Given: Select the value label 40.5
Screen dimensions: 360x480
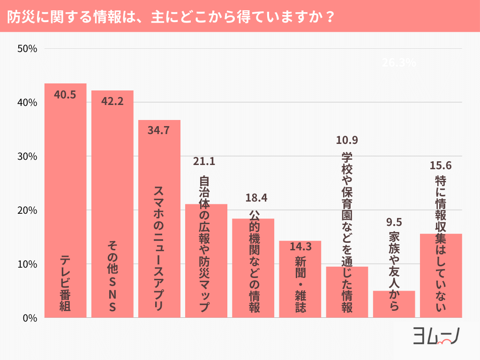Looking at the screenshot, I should click(65, 95).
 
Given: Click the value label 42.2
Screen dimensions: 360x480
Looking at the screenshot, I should click(112, 101).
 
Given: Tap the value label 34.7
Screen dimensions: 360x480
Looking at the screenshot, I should click(159, 131).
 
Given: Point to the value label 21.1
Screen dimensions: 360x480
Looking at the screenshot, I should click(204, 162).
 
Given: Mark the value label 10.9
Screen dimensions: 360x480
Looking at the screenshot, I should click(347, 140).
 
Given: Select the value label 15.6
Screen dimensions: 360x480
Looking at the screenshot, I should click(441, 165).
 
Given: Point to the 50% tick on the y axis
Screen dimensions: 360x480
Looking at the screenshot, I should click(27, 49).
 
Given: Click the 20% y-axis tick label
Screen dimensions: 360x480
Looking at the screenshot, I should click(27, 210).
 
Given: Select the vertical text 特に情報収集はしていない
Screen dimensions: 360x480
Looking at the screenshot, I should click(441, 244).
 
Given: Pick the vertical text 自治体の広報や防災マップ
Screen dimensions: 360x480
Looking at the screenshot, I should click(204, 244).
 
